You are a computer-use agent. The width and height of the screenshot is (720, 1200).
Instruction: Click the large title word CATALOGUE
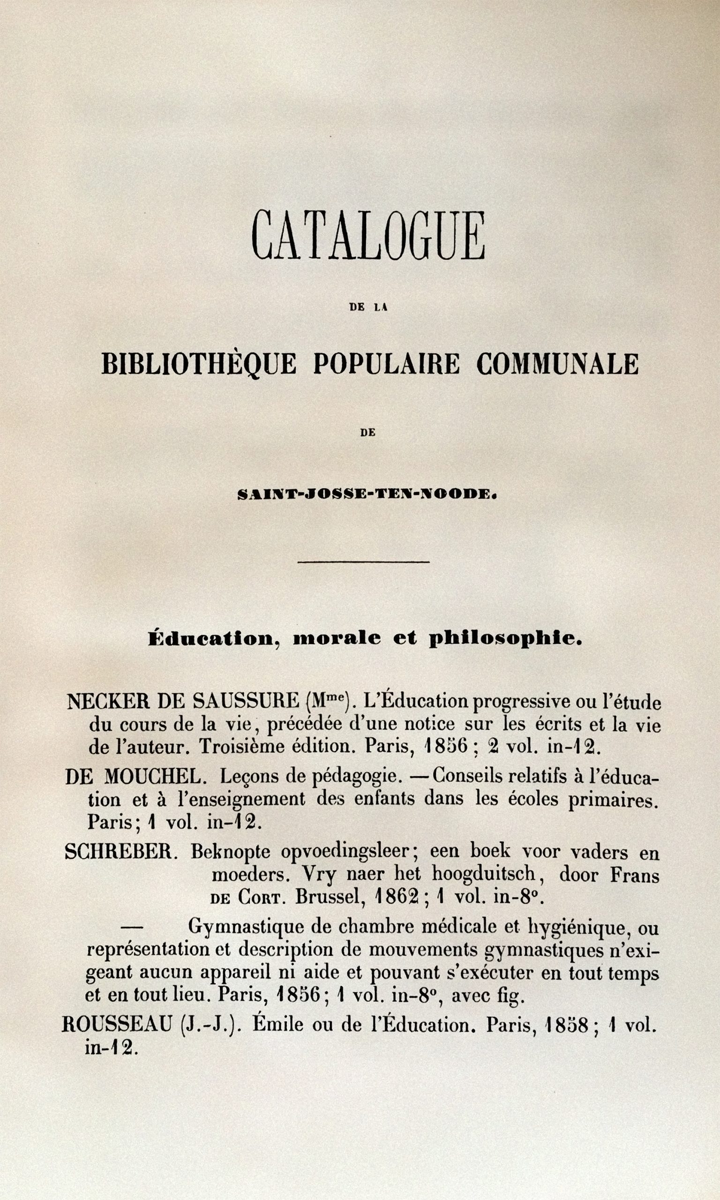click(x=368, y=236)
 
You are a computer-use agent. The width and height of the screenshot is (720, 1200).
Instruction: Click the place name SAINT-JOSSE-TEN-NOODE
click(x=367, y=494)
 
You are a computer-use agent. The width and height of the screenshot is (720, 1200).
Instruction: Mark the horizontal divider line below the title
click(x=363, y=562)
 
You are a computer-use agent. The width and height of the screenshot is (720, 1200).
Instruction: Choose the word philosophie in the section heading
click(x=505, y=639)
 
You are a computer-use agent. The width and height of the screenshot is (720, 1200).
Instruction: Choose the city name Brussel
click(x=330, y=897)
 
